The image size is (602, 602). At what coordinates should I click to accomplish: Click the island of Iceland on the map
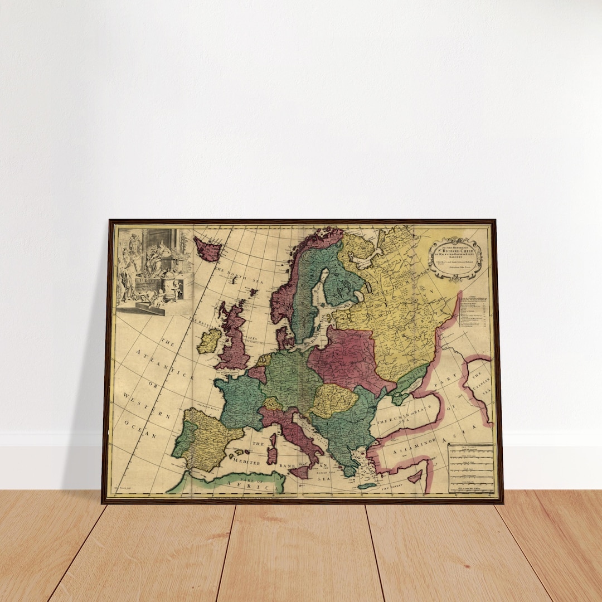[x=207, y=249]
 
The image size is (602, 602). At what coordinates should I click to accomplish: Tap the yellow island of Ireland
[x=209, y=340]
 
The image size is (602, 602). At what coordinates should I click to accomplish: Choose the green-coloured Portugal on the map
[x=181, y=440]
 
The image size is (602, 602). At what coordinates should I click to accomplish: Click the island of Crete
[x=367, y=486]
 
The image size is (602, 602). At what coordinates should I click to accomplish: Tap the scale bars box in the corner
[x=471, y=468]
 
